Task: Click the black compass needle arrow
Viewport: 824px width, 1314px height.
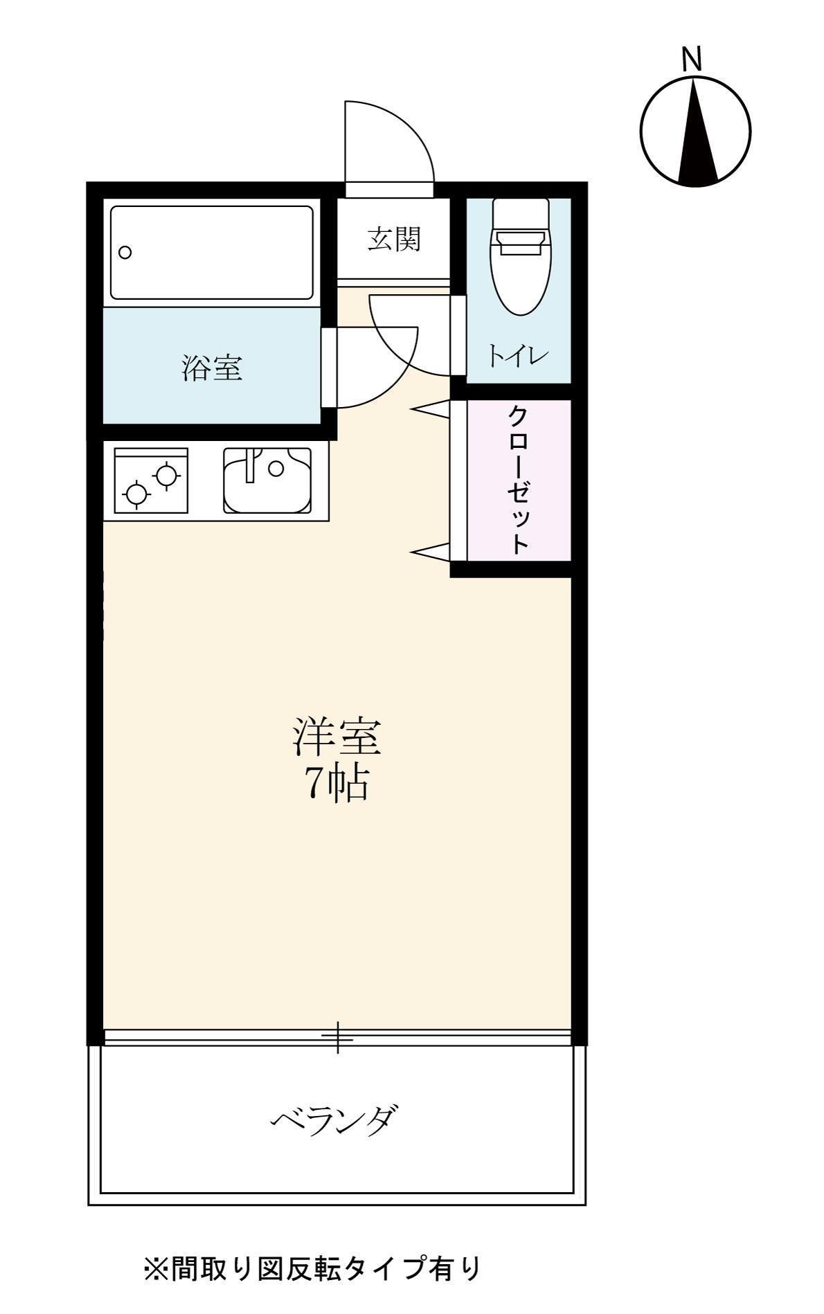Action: click(696, 135)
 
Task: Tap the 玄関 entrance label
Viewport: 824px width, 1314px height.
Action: click(393, 240)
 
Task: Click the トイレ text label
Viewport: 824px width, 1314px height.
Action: click(518, 357)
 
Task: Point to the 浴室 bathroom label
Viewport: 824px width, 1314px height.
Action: click(212, 368)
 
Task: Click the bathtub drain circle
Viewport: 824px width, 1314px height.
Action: click(125, 252)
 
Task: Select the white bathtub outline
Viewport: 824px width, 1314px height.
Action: click(211, 252)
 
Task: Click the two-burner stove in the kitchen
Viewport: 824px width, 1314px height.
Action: click(151, 480)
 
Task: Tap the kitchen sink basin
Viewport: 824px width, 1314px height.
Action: click(267, 480)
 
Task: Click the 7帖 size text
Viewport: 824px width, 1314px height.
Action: click(337, 784)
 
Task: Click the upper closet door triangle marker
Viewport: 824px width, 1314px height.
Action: click(431, 409)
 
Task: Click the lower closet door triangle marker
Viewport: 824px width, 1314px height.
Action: click(431, 551)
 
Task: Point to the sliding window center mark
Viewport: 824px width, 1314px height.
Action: click(337, 1037)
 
